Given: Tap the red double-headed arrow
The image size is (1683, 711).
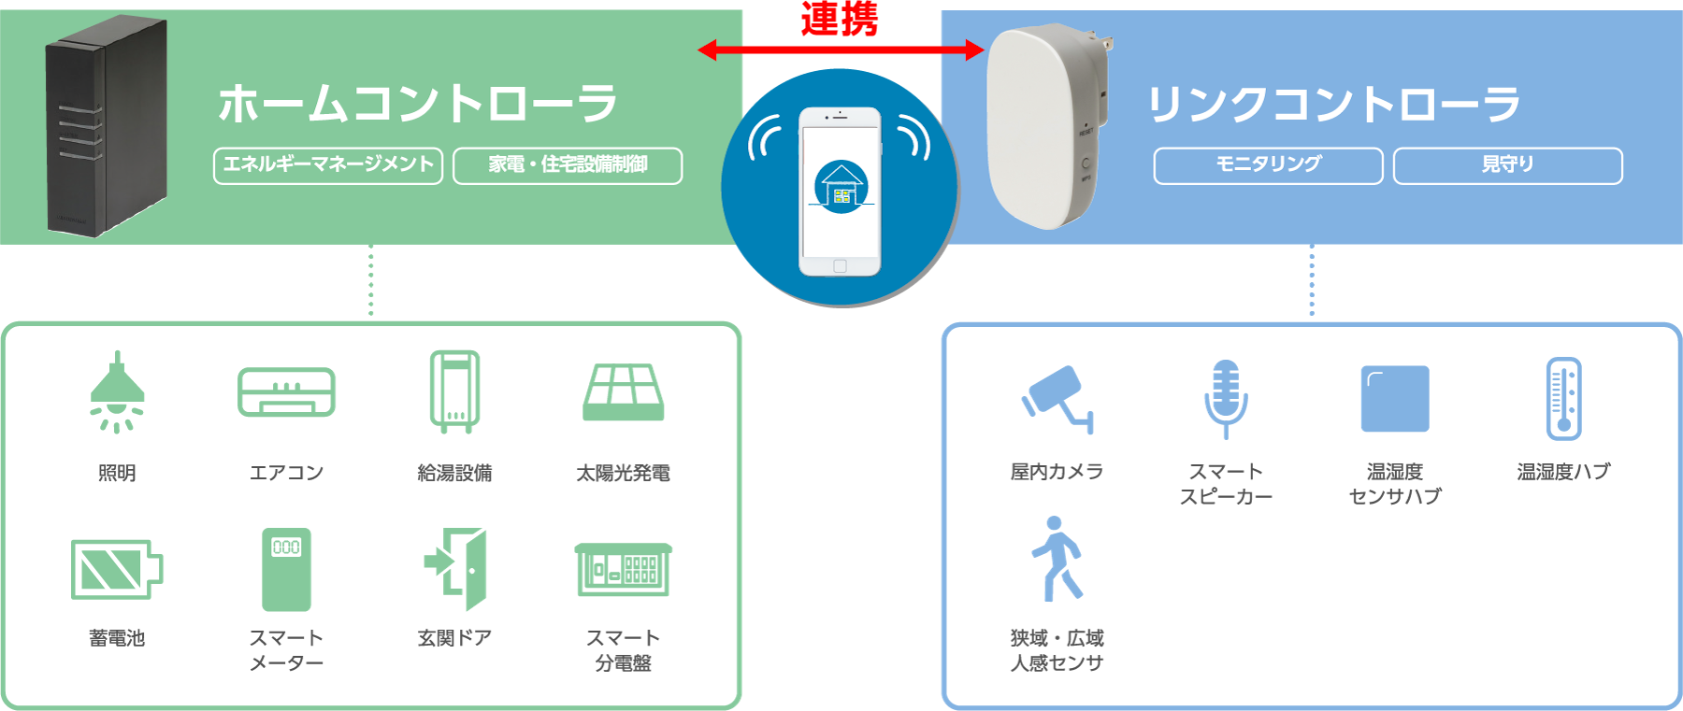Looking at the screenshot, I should (x=841, y=50).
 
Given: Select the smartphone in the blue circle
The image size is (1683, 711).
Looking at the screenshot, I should (x=840, y=191).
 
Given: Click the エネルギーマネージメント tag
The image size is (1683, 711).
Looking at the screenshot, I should (x=328, y=165).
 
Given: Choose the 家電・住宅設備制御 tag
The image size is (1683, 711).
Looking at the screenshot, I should (x=568, y=165).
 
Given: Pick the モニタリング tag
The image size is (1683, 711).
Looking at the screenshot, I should (x=1268, y=165).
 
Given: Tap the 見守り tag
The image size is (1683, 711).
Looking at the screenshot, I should (x=1507, y=165).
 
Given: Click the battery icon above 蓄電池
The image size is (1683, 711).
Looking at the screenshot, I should (x=117, y=569).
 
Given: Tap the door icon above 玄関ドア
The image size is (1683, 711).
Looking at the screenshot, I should (x=456, y=569).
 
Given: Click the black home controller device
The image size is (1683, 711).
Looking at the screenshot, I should (x=106, y=126).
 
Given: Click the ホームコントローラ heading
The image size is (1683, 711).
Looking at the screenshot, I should (x=417, y=103).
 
